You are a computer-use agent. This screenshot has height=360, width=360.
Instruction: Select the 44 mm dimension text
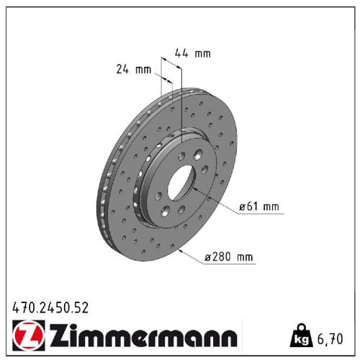tap(193, 53)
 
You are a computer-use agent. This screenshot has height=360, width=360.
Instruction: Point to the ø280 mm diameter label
tap(229, 257)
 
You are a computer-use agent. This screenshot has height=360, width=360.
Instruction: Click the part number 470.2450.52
tap(50, 307)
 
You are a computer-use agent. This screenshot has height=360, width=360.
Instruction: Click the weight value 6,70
tap(332, 338)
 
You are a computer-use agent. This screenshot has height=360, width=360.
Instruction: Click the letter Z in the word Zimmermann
tap(57, 336)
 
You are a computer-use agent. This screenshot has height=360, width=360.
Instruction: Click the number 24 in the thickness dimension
tap(122, 70)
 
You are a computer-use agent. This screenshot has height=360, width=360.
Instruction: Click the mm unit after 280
tap(246, 257)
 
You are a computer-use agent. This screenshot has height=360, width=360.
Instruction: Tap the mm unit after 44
tap(203, 53)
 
